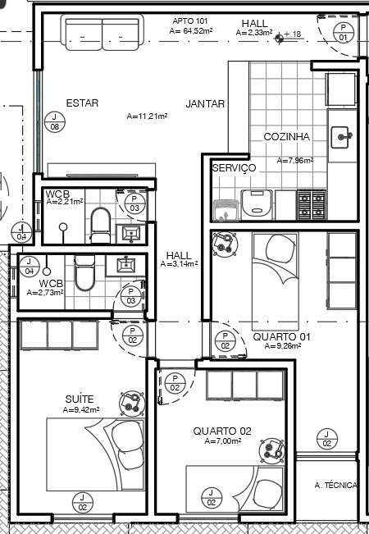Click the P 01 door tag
tap(343, 32)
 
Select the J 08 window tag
tap(55, 122)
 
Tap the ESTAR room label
tap(82, 103)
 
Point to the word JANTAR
tap(205, 104)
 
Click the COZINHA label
tap(287, 137)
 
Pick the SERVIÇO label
tap(234, 167)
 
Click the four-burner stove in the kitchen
tap(312, 205)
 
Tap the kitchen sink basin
tap(340, 137)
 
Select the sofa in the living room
tap(102, 33)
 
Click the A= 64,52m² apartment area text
tap(191, 30)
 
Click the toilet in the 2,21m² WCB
tap(101, 225)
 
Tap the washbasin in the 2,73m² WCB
tap(126, 265)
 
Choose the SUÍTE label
tap(80, 399)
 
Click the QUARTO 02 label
tap(222, 431)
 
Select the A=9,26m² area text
tap(283, 346)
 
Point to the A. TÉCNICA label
tap(335, 486)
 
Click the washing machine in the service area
tap(257, 204)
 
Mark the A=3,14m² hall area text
tap(179, 263)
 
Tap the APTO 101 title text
tap(190, 21)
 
